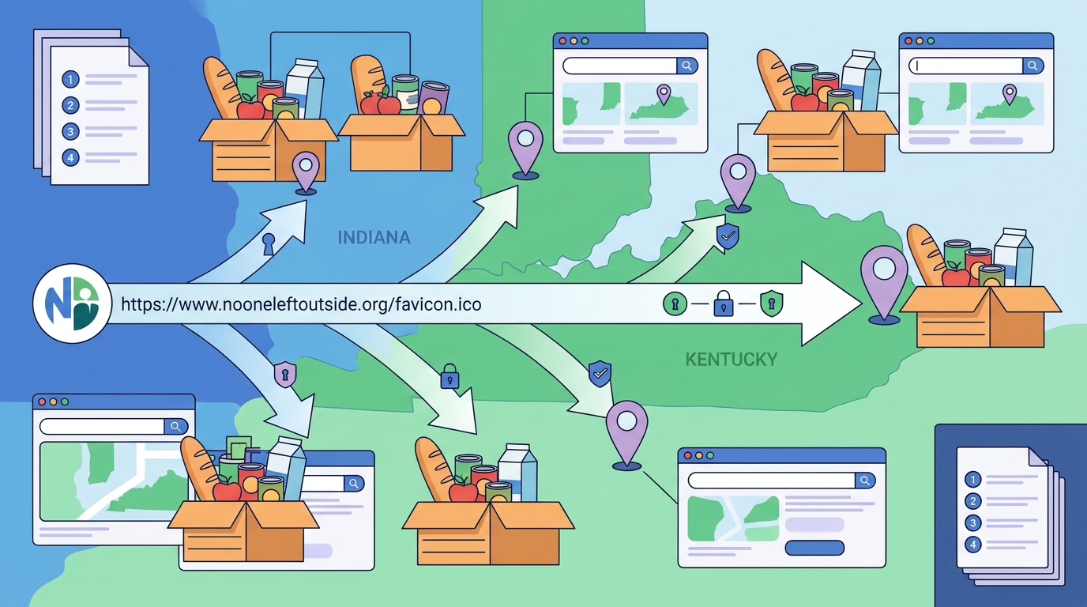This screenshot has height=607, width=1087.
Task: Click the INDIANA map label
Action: click(x=374, y=237)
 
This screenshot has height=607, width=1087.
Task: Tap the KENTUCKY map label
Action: click(x=732, y=360)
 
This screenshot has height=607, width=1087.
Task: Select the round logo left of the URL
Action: click(x=73, y=303)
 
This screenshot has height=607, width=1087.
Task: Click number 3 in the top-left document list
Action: click(x=70, y=131)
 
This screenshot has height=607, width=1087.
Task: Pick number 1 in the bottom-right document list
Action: click(x=972, y=480)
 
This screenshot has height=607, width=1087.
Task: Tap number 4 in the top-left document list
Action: click(x=70, y=157)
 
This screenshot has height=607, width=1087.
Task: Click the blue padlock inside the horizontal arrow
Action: click(x=723, y=303)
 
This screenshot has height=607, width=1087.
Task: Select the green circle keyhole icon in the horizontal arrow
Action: click(x=675, y=304)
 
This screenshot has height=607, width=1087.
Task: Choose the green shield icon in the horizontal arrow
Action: click(x=772, y=303)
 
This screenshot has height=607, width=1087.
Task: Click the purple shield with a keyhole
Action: click(x=285, y=375)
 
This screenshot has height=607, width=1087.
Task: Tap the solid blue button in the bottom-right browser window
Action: click(x=814, y=548)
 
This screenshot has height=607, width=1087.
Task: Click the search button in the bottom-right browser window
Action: click(x=865, y=481)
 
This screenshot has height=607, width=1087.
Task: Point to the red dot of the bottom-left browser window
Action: click(x=42, y=402)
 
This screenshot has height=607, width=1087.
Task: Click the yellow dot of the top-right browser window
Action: click(x=919, y=41)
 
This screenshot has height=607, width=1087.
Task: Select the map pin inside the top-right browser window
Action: click(x=1010, y=94)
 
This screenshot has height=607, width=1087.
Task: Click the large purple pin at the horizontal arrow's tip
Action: click(x=884, y=284)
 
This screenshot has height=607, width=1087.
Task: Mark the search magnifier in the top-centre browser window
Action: click(x=686, y=66)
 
